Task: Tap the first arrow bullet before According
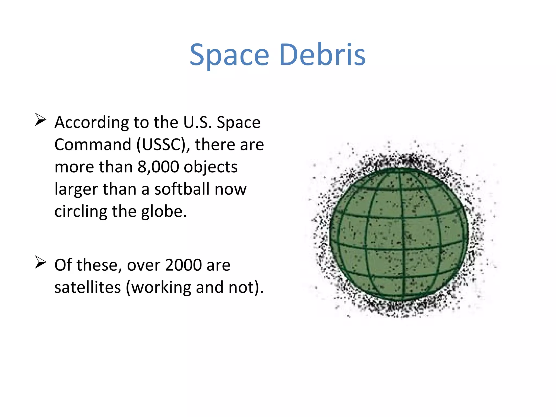[x=40, y=120]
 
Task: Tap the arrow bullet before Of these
[x=40, y=262]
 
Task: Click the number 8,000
[x=158, y=167]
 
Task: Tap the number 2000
[x=183, y=265]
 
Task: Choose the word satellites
[x=87, y=287]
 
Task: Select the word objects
[x=211, y=167]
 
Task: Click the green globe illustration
[x=399, y=233]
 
